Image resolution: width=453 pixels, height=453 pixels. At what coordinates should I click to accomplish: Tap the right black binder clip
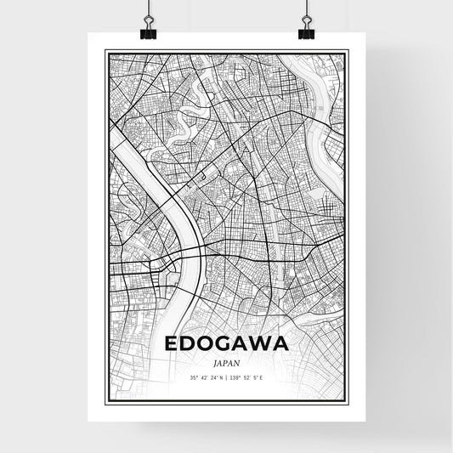click(306, 31)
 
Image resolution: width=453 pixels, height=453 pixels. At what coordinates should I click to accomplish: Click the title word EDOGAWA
click(226, 346)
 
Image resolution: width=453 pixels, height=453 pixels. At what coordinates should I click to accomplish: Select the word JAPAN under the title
click(226, 362)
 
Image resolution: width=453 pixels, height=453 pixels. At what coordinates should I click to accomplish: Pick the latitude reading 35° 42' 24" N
click(207, 377)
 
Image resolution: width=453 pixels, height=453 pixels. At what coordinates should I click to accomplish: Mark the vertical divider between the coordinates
click(226, 377)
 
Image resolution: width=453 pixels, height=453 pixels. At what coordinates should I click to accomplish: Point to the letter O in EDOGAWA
click(207, 346)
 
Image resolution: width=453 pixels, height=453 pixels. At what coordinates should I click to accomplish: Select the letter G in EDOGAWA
click(227, 346)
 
